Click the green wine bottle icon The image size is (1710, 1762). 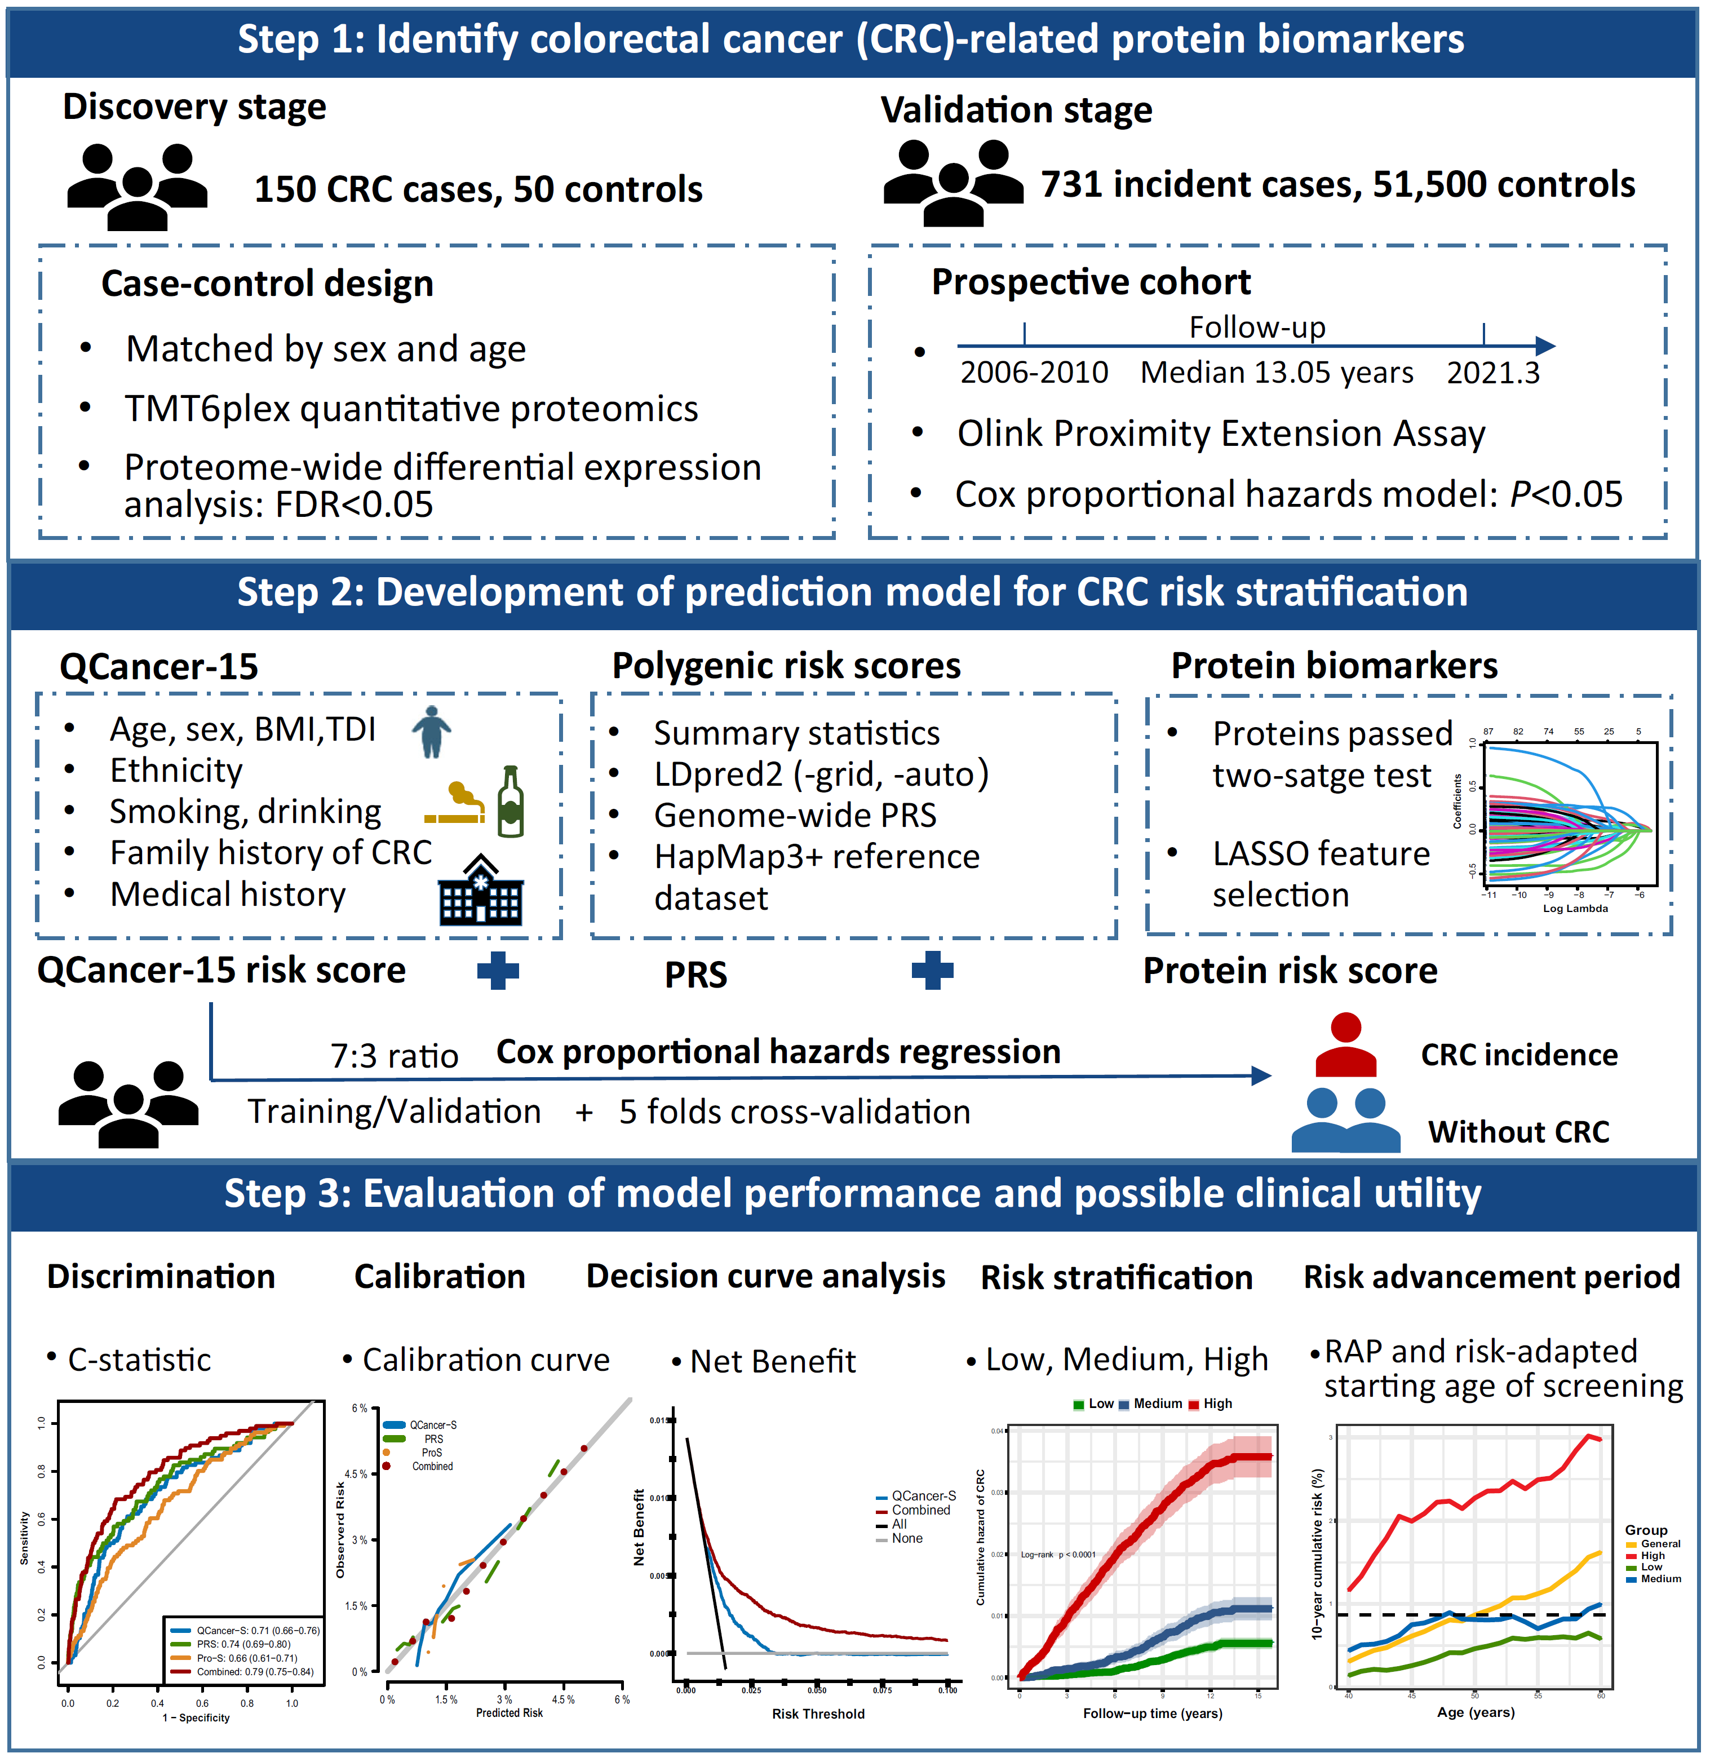click(x=511, y=802)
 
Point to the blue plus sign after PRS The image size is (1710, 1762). click(x=932, y=971)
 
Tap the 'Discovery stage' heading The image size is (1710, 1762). click(x=194, y=107)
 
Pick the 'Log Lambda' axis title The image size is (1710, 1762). click(x=1575, y=908)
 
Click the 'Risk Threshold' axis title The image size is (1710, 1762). click(x=818, y=1714)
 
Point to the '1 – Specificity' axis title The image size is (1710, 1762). click(x=196, y=1718)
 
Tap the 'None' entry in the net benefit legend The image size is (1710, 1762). click(x=907, y=1538)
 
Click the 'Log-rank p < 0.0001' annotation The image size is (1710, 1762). click(x=1058, y=1555)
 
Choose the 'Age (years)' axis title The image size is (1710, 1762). click(x=1476, y=1712)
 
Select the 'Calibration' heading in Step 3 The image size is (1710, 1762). click(x=440, y=1277)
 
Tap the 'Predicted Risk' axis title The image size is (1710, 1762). click(x=509, y=1714)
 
